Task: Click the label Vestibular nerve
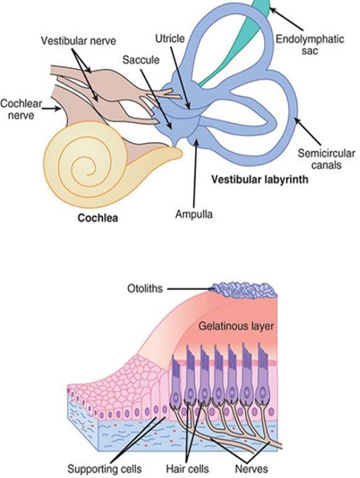coord(78,40)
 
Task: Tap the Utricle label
coord(170,38)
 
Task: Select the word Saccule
coord(140,59)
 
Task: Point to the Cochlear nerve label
coord(21,109)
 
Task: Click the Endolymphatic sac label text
coord(309,44)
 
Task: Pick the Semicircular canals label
coord(326,159)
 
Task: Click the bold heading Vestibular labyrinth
coord(260,180)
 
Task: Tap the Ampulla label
coord(194,215)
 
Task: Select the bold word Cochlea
coord(98,218)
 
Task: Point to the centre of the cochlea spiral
coord(88,174)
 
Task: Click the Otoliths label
coord(145,289)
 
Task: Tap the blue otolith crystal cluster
coord(245,290)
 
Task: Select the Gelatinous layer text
coord(235,326)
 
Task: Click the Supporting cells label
coord(104,468)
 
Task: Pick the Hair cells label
coord(187,468)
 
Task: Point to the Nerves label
coord(252,468)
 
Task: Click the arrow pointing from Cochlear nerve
coord(51,108)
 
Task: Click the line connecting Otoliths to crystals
coord(190,289)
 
